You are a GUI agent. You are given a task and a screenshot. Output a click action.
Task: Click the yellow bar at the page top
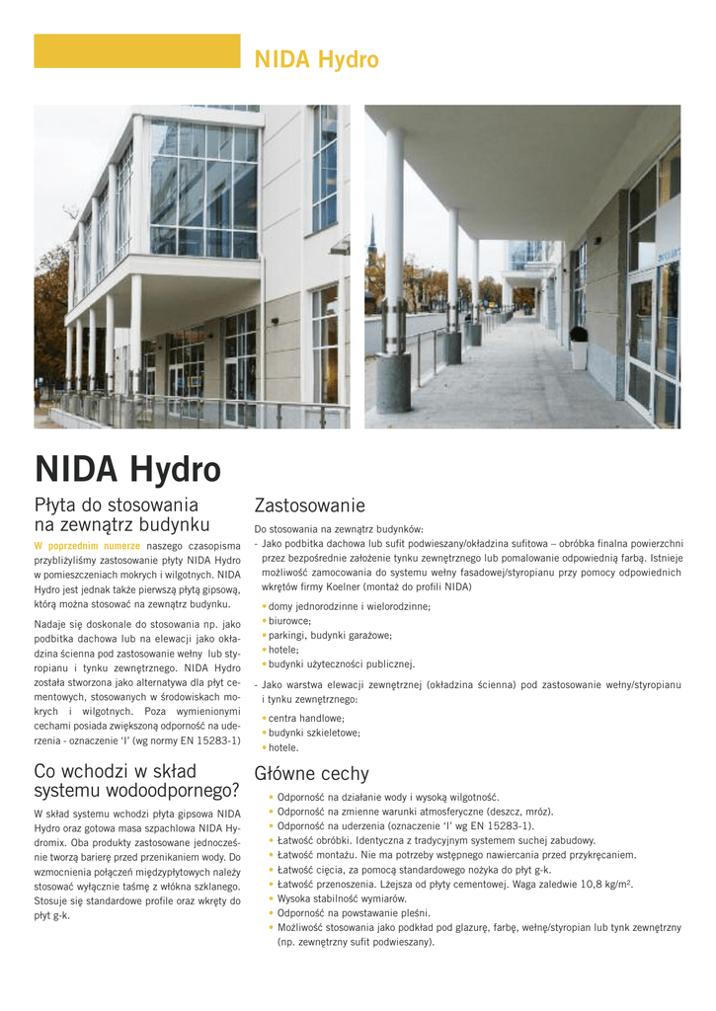[x=136, y=50]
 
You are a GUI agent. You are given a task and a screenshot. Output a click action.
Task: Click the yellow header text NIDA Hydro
[x=316, y=60]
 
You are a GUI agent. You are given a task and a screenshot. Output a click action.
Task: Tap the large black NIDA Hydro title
[x=127, y=468]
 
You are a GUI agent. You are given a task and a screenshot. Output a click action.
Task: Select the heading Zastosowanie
[x=309, y=505]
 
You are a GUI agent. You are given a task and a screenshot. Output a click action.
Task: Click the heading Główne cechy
[x=311, y=773]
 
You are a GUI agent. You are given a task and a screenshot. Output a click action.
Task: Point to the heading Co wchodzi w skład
[x=115, y=771]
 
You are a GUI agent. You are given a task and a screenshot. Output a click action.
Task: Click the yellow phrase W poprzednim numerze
[x=87, y=545]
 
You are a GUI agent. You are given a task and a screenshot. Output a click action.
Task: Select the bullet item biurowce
[x=289, y=621]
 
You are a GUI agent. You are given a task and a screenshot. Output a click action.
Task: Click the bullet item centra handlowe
[x=305, y=718]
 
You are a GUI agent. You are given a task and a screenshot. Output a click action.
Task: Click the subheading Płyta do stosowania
[x=117, y=505]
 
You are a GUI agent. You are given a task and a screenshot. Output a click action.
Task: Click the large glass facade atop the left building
[x=203, y=188]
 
